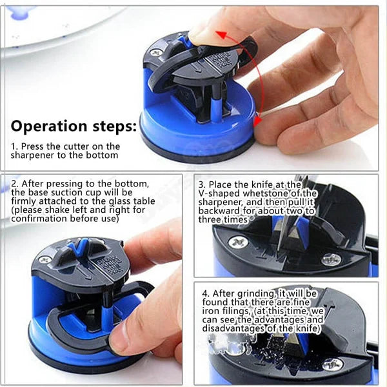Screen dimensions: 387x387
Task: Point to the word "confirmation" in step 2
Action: tap(38, 219)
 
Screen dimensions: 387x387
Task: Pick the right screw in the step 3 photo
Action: tap(332, 259)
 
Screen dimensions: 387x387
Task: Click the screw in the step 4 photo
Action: tap(333, 364)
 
